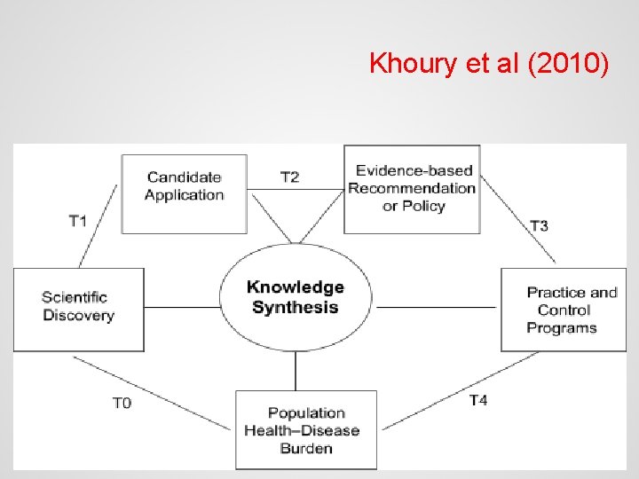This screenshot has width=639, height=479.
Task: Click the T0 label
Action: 122,404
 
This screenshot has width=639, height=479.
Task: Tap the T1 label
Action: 78,220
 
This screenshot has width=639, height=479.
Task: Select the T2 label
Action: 289,177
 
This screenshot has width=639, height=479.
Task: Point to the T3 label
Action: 539,225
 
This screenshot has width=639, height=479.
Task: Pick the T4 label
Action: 477,400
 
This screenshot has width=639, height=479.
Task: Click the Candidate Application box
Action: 185,193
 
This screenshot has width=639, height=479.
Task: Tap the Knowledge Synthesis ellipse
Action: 296,297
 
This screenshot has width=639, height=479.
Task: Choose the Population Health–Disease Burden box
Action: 306,429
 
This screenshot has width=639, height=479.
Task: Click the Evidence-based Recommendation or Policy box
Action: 412,188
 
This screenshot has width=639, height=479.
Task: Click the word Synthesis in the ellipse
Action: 296,308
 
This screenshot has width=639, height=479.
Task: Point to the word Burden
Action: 306,448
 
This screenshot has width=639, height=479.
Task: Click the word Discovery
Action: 78,316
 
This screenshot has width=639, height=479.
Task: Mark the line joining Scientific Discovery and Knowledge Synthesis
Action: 182,307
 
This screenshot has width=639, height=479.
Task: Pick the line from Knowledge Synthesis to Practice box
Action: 436,307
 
